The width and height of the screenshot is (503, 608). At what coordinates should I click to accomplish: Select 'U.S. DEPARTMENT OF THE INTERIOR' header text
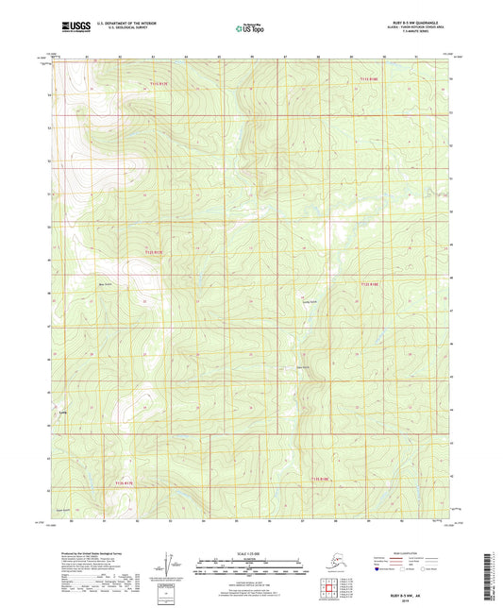click(x=130, y=22)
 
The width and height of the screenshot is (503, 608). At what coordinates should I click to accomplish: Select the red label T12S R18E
click(x=370, y=282)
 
